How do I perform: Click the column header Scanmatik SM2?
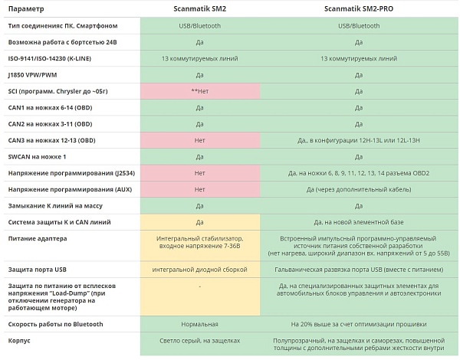pyautogui.click(x=199, y=8)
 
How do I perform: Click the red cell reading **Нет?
pyautogui.click(x=199, y=91)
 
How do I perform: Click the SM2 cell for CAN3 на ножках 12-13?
pyautogui.click(x=199, y=140)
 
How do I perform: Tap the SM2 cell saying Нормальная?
pyautogui.click(x=199, y=323)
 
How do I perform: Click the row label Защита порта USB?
pyautogui.click(x=41, y=270)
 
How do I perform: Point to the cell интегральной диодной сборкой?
pyautogui.click(x=199, y=270)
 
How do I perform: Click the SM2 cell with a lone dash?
pyautogui.click(x=199, y=286)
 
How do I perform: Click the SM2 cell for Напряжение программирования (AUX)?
pyautogui.click(x=199, y=189)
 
